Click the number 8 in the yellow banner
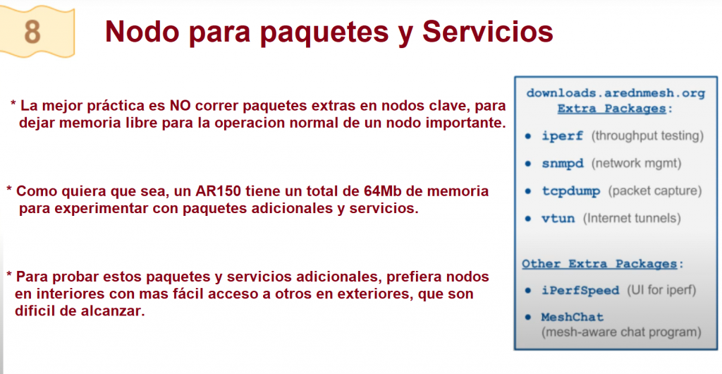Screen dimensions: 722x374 (32, 31)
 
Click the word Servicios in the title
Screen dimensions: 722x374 (487, 31)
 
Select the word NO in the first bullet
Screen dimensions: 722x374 (180, 106)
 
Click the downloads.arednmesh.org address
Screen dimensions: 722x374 (615, 93)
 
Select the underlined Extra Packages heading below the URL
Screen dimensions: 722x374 (611, 109)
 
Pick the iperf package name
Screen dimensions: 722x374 (562, 136)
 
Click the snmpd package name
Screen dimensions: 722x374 (562, 164)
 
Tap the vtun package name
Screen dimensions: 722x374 (558, 218)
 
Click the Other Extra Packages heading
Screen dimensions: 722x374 (599, 265)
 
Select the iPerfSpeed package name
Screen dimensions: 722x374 (580, 291)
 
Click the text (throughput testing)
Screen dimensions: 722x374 (647, 136)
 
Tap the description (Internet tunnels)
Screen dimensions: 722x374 (632, 218)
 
